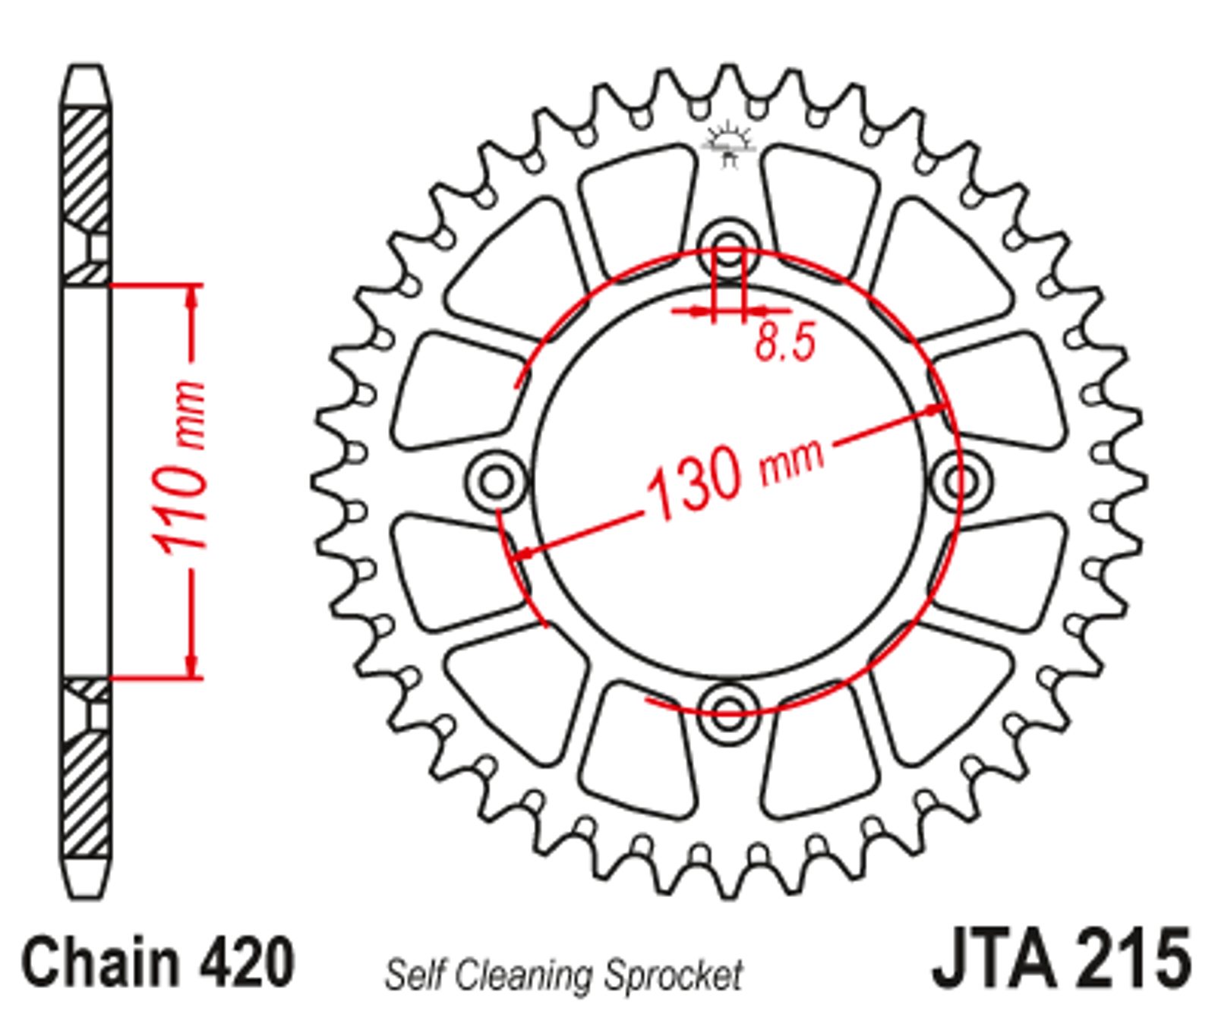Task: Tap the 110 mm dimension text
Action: coord(179,468)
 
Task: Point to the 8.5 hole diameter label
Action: coord(785,342)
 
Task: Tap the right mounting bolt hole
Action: coord(960,480)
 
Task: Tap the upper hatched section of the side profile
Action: coord(86,170)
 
